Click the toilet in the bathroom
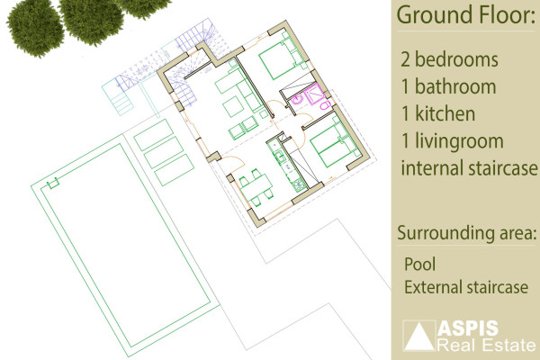coord(325,104)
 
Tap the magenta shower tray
coord(315,93)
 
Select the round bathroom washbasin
coord(296,101)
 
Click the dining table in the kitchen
coord(256,188)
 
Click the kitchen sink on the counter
coord(279,157)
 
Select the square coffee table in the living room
coord(234,106)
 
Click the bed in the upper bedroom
coord(281,58)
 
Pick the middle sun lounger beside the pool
coord(164,152)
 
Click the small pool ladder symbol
coord(53,184)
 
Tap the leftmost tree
coord(35,29)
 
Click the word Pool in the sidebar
coord(419,265)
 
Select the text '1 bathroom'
coord(448,86)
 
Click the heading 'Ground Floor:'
coord(466,14)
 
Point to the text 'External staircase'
coord(466,287)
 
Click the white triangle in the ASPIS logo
coord(418,336)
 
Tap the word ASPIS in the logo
coord(468,328)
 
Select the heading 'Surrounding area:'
coord(466,233)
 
